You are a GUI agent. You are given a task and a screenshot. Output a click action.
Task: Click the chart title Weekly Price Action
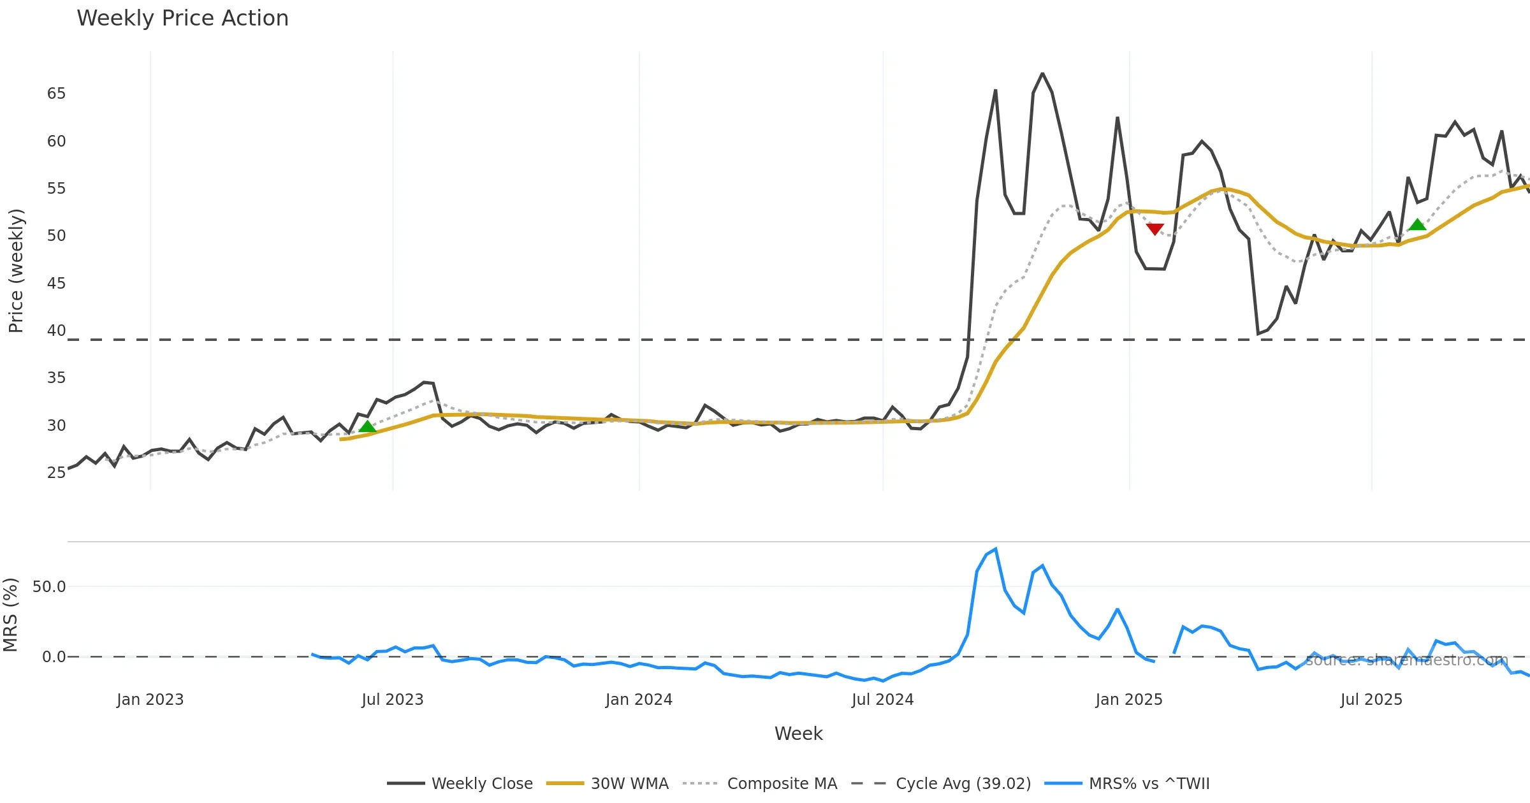[x=182, y=18]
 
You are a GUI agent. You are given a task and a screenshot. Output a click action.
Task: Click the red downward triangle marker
[x=1155, y=229]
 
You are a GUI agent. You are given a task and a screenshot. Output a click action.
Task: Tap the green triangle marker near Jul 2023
[x=367, y=426]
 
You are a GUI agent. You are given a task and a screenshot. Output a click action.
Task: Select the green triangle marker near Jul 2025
[x=1417, y=224]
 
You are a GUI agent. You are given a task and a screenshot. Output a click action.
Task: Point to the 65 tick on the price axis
[x=56, y=94]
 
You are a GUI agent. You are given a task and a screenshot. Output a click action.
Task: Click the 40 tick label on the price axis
[x=56, y=331]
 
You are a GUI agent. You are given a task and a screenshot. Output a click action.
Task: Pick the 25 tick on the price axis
[x=56, y=473]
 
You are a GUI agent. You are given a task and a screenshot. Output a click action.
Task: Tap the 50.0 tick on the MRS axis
[x=49, y=587]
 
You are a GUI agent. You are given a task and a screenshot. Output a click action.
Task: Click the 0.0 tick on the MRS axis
[x=54, y=657]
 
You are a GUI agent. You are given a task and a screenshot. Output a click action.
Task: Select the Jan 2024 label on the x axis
[x=639, y=700]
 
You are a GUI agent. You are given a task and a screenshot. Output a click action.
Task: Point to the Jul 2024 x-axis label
[x=882, y=700]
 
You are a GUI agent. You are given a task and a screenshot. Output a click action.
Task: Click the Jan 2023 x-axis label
[x=150, y=700]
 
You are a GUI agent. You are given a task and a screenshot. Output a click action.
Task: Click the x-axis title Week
[x=798, y=734]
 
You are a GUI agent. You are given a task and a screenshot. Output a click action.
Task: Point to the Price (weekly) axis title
[x=16, y=271]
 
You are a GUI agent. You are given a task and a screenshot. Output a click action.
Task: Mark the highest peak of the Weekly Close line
[x=1042, y=74]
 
